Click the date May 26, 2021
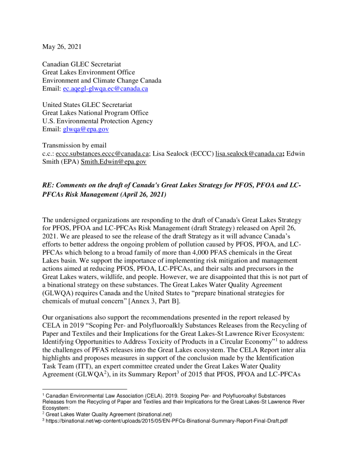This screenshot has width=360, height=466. point(62,47)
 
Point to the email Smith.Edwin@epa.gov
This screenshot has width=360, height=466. point(113,162)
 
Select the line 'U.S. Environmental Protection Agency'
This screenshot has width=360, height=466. point(97,121)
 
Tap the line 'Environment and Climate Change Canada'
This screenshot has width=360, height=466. point(101,81)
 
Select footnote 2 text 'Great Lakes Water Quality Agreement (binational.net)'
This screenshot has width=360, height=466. point(108,415)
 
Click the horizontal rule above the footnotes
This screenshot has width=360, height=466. point(84,389)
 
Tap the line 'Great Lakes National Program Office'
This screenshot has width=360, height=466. point(95,113)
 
